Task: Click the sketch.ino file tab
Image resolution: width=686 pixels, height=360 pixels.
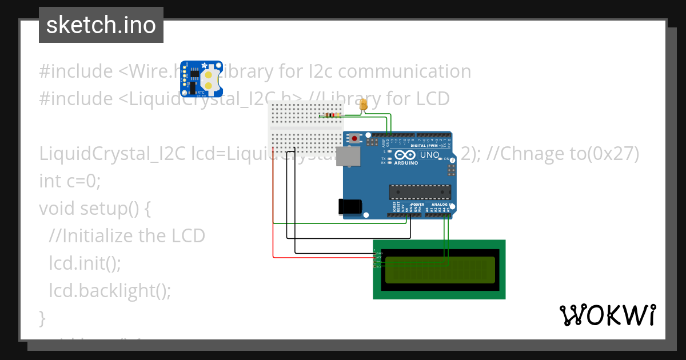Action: [x=101, y=25]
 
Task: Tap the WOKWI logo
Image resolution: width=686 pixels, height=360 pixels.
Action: [x=607, y=315]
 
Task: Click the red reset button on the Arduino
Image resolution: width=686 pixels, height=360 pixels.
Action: [x=355, y=138]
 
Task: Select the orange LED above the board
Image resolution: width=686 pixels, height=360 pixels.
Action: [x=364, y=105]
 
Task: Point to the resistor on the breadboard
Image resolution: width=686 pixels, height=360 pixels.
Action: [x=329, y=115]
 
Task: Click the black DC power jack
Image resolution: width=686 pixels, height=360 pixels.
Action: [x=350, y=206]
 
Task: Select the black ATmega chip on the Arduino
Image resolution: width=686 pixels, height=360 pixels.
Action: [x=420, y=193]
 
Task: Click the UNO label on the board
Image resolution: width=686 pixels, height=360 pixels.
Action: [x=430, y=155]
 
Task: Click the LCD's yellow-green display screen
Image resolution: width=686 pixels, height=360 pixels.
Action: [x=440, y=270]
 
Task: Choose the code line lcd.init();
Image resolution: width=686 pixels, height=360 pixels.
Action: [x=85, y=263]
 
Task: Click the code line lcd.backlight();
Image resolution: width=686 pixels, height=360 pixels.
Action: [x=110, y=290]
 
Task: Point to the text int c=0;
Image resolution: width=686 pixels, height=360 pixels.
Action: [x=70, y=181]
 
